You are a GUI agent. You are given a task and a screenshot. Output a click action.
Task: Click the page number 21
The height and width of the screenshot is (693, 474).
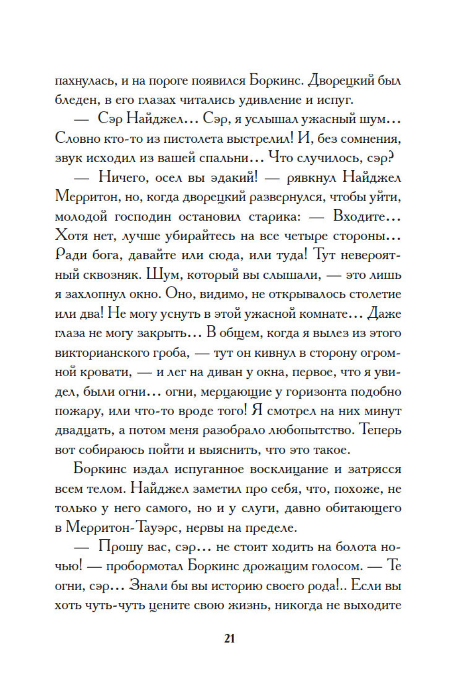pyautogui.click(x=229, y=638)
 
